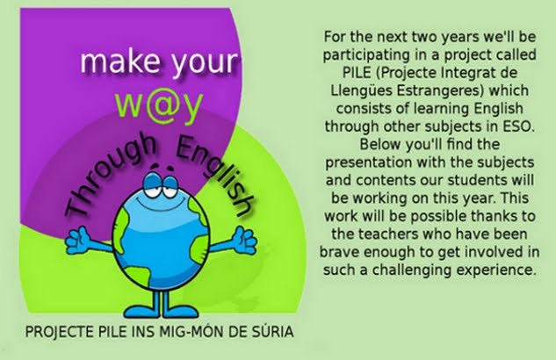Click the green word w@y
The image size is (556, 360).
pos(159,105)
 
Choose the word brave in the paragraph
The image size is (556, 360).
pos(339,252)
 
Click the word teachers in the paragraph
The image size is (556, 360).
pos(387,234)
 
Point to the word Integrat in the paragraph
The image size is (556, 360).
pos(467,73)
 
